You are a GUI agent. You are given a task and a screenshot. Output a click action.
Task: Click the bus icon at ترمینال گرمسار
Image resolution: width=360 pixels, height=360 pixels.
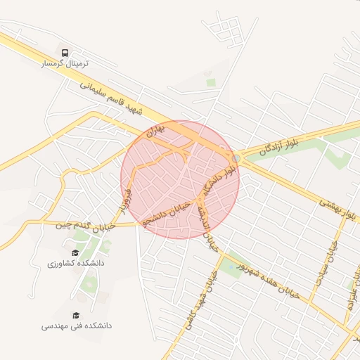coord(65,53)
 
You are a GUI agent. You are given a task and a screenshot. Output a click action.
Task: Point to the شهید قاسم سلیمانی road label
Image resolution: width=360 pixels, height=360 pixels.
coord(110,97)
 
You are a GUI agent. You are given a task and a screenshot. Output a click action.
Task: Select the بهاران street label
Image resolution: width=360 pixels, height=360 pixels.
coord(155,129)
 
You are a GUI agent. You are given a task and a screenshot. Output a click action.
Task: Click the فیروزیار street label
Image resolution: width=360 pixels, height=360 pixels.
coord(126,200)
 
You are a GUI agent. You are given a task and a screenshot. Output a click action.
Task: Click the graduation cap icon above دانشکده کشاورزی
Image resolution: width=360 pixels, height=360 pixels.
coord(75,252)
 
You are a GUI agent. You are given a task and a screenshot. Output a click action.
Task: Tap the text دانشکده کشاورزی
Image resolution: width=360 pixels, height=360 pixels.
coord(76,263)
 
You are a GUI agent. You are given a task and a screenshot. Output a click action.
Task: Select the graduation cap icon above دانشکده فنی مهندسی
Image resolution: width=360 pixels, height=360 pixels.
coord(76,316)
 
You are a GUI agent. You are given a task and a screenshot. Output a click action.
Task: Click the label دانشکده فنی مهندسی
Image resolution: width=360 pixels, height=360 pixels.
coord(76,326)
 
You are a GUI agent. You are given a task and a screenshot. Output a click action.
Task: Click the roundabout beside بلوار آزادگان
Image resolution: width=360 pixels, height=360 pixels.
coord(237,158)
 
